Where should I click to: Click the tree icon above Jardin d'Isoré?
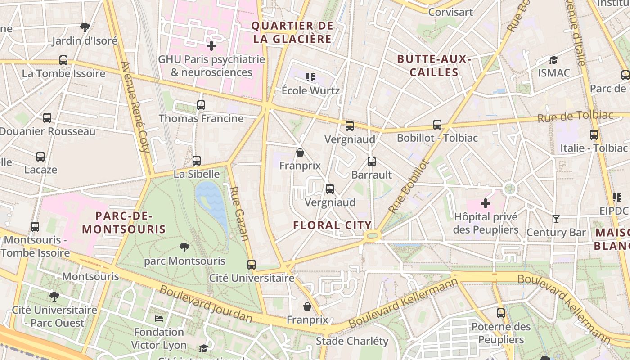click(x=85, y=27)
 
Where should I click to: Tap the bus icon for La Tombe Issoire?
click(x=63, y=60)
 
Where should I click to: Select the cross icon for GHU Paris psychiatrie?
click(x=211, y=45)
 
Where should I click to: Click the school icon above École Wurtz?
click(x=310, y=77)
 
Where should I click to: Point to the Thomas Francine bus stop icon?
click(x=201, y=105)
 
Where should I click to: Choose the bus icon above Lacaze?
click(x=40, y=157)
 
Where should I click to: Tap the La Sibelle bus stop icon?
click(x=196, y=161)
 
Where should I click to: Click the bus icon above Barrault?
click(x=371, y=162)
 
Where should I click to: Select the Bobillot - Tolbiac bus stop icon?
click(x=437, y=125)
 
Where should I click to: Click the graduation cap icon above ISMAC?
click(x=553, y=60)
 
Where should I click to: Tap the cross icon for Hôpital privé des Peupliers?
click(x=485, y=203)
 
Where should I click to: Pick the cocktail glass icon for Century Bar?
click(x=556, y=219)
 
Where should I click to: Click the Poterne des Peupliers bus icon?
click(x=500, y=313)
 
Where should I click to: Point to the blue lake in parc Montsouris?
click(x=211, y=200)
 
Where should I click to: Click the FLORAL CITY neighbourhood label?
click(x=332, y=225)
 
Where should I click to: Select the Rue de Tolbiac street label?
click(x=575, y=117)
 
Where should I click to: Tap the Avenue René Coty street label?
click(x=135, y=107)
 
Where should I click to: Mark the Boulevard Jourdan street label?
click(x=206, y=304)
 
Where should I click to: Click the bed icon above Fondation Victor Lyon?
click(x=158, y=319)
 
